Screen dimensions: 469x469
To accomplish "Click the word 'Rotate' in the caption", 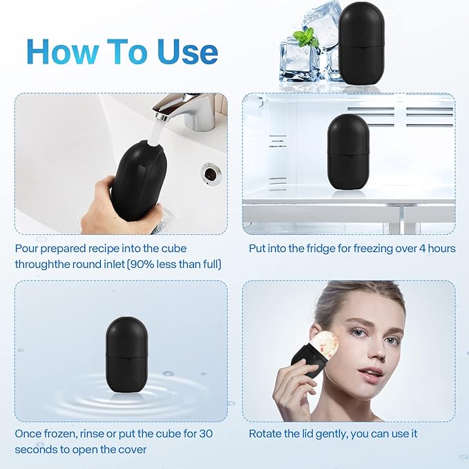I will click(266, 434).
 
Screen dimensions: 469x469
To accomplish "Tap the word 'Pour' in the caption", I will click(28, 248).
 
